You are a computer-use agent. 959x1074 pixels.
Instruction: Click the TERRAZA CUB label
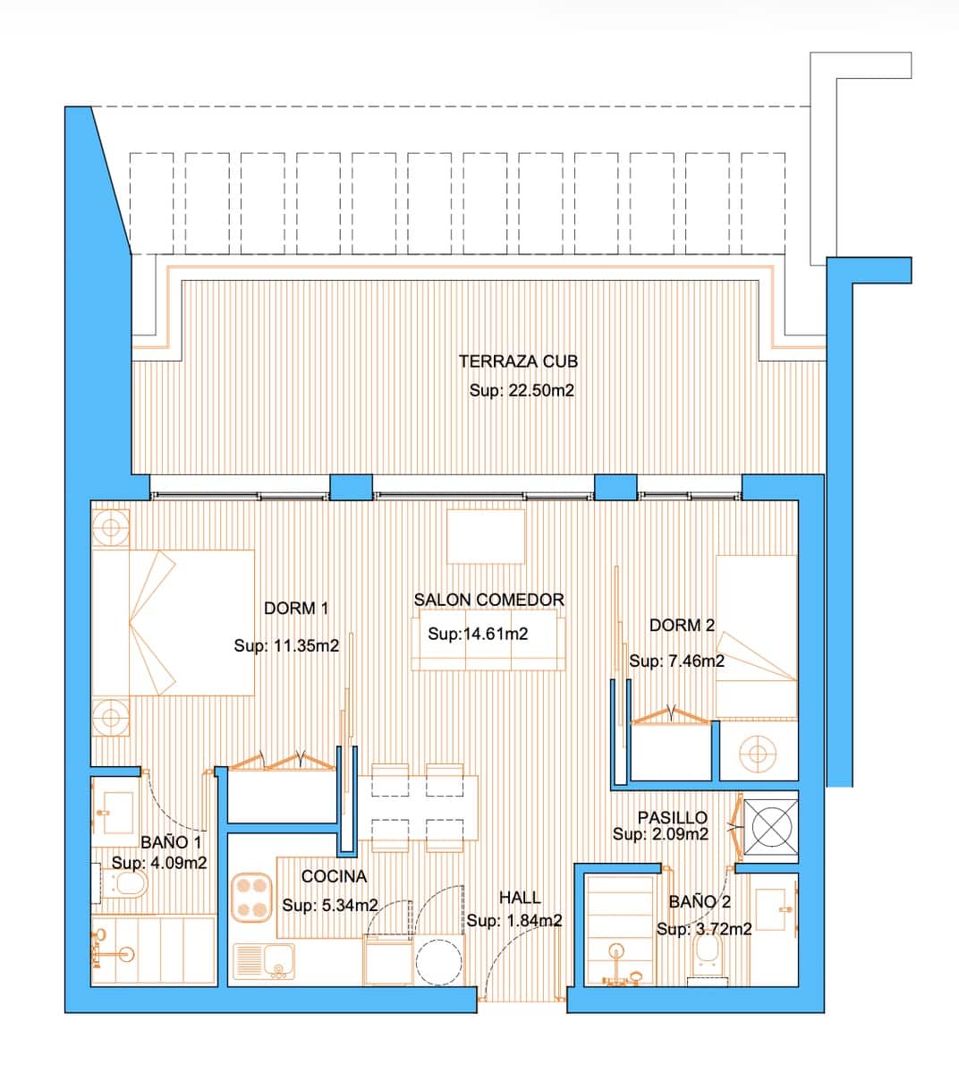(517, 362)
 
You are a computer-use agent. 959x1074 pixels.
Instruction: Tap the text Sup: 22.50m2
(521, 391)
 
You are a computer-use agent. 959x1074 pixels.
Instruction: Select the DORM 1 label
(295, 609)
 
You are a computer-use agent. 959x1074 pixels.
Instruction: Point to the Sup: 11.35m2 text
(286, 645)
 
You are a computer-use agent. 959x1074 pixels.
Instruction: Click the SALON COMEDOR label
(488, 600)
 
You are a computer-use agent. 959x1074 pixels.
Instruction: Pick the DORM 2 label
(682, 626)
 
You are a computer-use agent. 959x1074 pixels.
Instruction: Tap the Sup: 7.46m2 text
(676, 661)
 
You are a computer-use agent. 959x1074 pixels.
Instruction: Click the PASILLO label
(672, 817)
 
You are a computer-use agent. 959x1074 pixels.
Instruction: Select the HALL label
(519, 898)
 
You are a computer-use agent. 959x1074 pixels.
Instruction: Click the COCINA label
(334, 876)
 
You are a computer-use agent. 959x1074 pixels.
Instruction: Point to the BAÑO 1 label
(171, 842)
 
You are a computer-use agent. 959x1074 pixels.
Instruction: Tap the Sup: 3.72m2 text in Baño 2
(703, 929)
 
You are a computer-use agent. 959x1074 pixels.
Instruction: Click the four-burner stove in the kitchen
(252, 898)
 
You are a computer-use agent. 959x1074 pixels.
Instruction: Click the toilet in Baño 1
(125, 886)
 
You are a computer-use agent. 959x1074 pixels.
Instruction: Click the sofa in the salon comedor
(488, 641)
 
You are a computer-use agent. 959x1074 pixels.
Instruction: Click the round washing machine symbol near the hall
(438, 961)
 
